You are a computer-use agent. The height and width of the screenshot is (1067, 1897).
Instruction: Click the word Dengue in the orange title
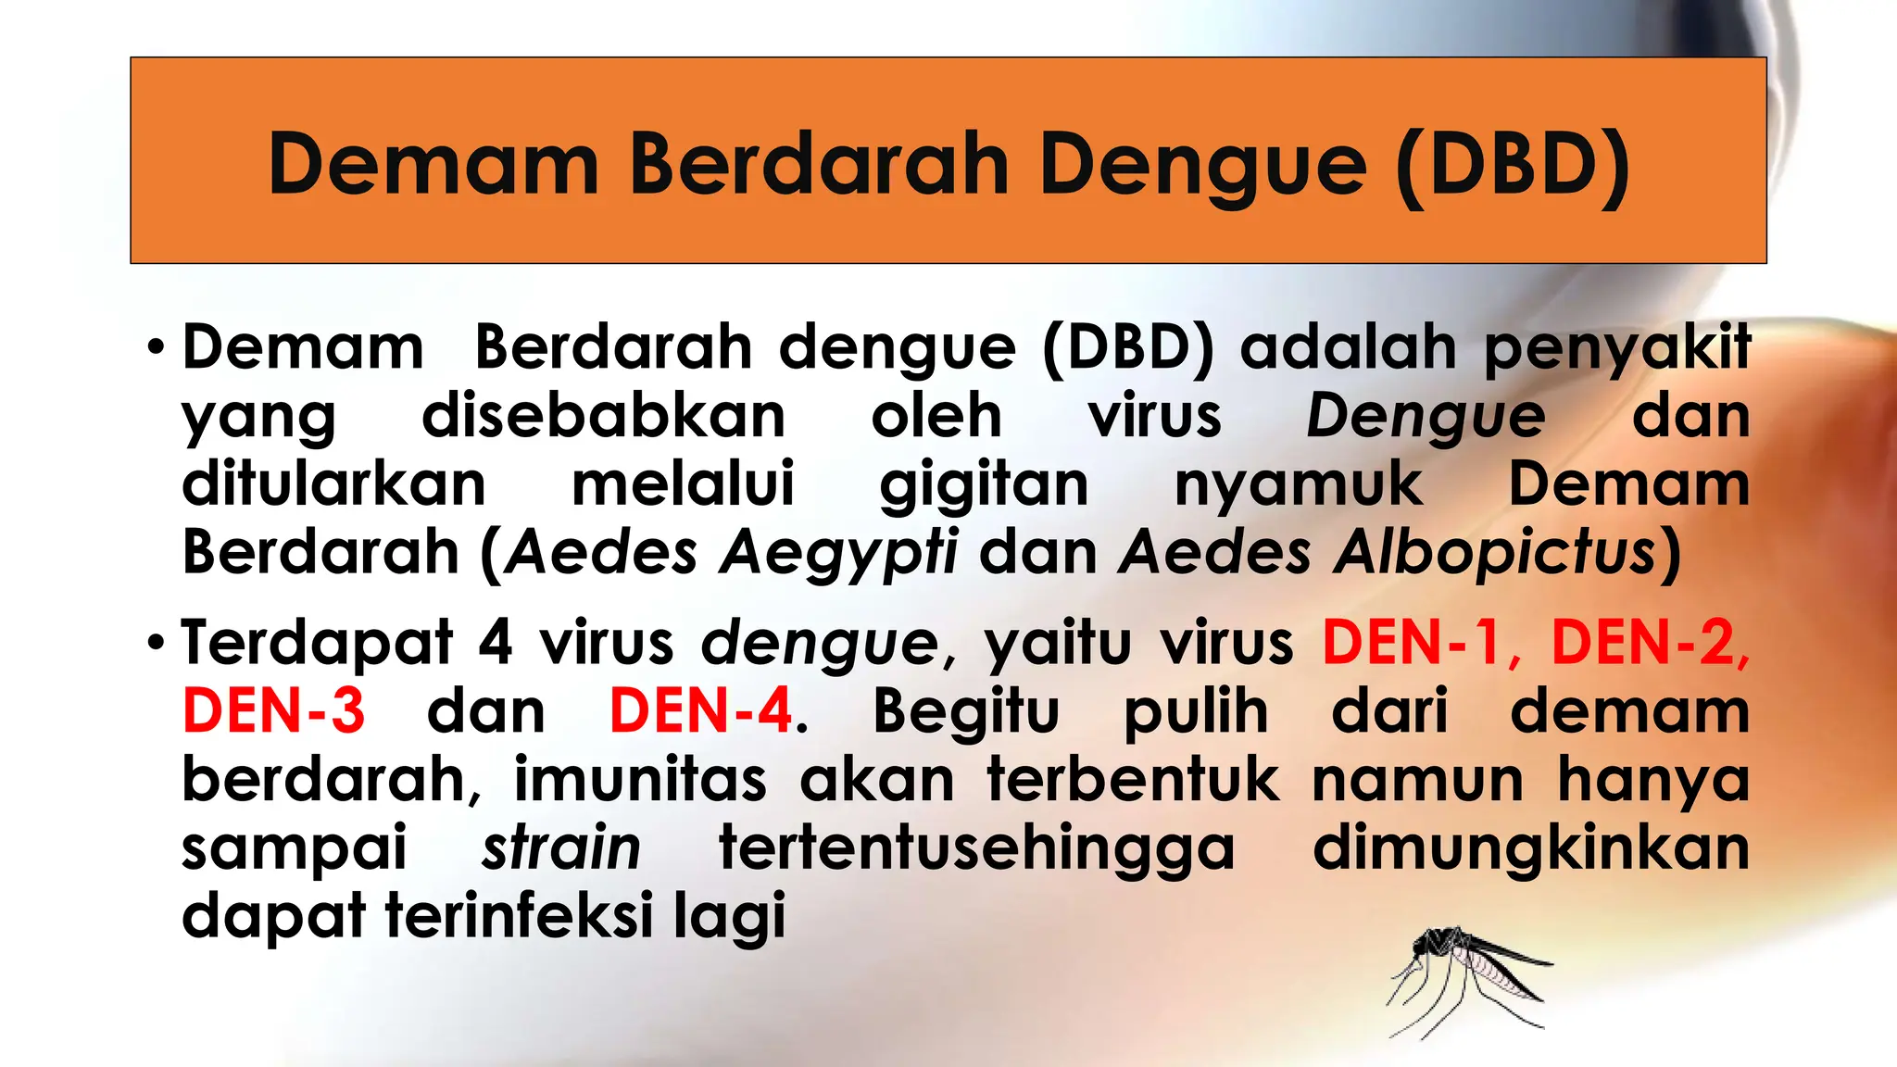1202,165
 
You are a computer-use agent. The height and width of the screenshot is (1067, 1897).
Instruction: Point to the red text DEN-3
274,711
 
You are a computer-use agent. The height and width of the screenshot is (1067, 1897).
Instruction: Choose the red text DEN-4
701,711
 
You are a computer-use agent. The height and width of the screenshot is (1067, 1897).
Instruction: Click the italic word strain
561,847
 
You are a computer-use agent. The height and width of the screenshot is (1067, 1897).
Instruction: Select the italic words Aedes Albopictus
1388,553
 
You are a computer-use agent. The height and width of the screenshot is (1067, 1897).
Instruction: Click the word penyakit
1617,349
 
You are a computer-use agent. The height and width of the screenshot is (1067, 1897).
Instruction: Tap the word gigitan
984,485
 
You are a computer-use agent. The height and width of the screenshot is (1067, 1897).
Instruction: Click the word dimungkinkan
1530,847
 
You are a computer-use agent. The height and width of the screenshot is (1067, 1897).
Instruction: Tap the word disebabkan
604,417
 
